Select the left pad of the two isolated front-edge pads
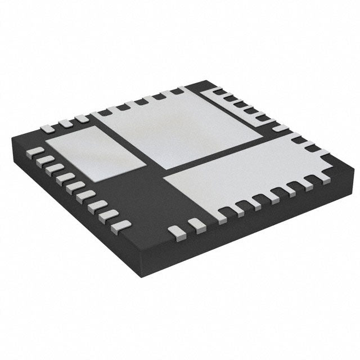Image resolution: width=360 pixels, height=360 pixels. click(x=177, y=230)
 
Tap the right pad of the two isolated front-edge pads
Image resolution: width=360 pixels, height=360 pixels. click(x=196, y=226)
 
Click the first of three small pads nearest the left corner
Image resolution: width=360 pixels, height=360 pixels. click(x=48, y=128)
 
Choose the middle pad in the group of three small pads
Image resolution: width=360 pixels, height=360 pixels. click(x=66, y=123)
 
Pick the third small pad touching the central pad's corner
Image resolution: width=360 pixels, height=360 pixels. click(x=82, y=119)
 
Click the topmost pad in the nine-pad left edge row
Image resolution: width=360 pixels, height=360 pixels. click(x=35, y=151)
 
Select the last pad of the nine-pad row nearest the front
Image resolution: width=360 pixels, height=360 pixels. click(x=121, y=226)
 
